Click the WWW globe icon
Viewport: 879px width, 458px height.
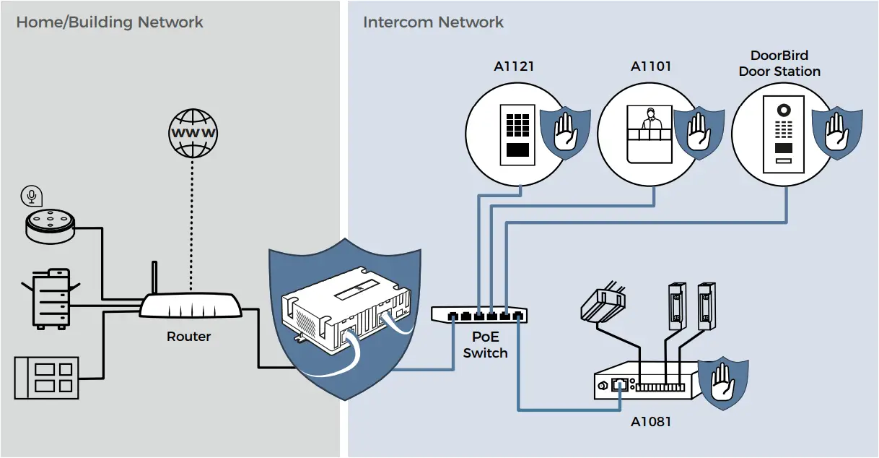[193, 133]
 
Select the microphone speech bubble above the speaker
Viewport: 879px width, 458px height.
[31, 195]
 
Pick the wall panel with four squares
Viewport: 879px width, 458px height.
[46, 377]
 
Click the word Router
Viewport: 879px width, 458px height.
[188, 337]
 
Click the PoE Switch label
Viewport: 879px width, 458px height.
[485, 345]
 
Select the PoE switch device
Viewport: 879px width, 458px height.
[478, 314]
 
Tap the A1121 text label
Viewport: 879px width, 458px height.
[514, 66]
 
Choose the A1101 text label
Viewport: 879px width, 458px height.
[651, 66]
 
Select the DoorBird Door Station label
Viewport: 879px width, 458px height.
[779, 64]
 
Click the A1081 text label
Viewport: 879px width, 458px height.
[650, 420]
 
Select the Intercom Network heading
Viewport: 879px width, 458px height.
[433, 22]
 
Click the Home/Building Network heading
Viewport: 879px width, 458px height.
[110, 22]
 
